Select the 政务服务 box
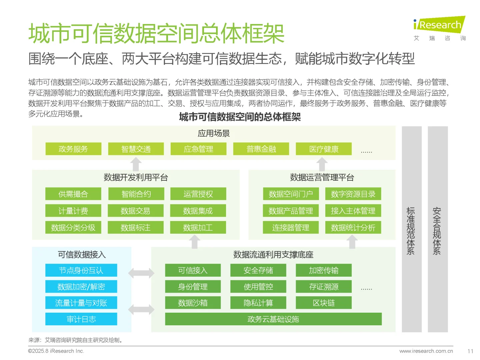(73, 149)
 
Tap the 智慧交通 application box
(136, 149)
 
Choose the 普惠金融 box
(261, 149)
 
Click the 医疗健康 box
(324, 149)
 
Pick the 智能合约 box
(136, 194)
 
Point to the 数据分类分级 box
(73, 228)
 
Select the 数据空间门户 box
(291, 194)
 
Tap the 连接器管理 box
(291, 228)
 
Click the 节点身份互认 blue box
(81, 270)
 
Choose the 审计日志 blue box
(81, 319)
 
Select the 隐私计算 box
(258, 303)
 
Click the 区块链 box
(324, 303)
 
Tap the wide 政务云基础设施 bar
(273, 319)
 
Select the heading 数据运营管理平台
(322, 177)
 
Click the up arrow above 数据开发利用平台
(136, 164)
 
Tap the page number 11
(470, 351)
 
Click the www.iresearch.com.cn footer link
(426, 351)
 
